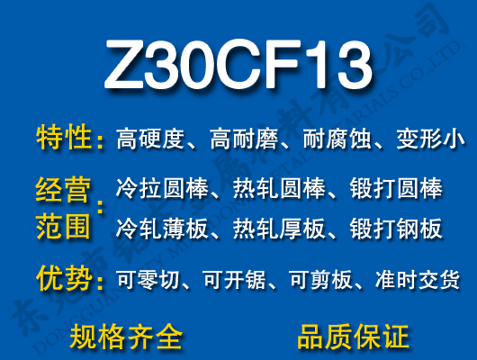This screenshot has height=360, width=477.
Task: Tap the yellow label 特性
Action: (x=64, y=139)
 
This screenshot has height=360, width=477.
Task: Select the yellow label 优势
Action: (x=64, y=280)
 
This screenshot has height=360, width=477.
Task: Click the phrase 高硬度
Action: (x=150, y=139)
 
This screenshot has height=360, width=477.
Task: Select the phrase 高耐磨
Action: (x=244, y=139)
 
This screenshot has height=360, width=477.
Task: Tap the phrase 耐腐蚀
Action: (x=337, y=139)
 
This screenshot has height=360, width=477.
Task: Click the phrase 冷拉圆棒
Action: (x=162, y=190)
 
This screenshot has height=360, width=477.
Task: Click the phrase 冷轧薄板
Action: (x=162, y=229)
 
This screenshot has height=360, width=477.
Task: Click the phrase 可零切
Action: (x=149, y=281)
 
